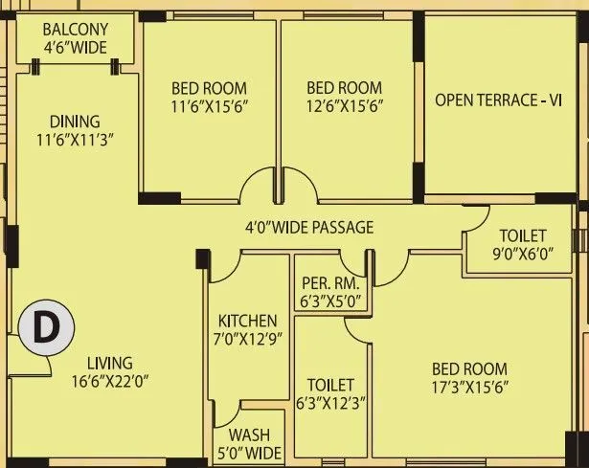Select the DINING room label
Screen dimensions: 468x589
(x=75, y=122)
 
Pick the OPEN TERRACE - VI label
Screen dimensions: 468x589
(x=498, y=100)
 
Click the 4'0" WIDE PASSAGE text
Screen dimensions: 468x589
(x=307, y=228)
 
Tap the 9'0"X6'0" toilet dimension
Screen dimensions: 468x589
(x=523, y=255)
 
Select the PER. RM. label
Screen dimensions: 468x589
(x=329, y=284)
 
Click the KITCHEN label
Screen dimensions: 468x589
(x=247, y=321)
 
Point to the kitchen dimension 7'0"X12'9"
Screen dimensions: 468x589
(x=247, y=338)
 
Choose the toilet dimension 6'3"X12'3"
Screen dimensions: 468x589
(x=330, y=402)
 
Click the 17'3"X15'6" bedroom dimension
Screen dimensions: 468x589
(x=468, y=387)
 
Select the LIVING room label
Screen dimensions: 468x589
(x=110, y=363)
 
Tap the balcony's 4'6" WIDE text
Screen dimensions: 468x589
(x=74, y=47)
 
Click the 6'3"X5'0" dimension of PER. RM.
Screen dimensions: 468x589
(x=329, y=301)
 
